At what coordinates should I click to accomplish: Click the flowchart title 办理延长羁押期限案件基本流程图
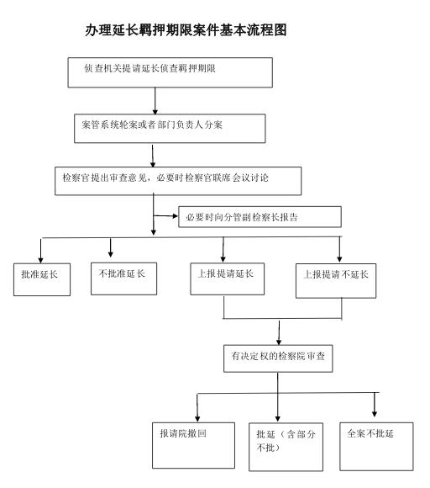(186, 30)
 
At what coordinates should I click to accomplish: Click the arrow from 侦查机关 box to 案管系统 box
(155, 101)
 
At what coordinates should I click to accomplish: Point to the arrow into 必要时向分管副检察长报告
(165, 215)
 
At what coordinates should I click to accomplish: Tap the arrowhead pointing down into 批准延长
(40, 260)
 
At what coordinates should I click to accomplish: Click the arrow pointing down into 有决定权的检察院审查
(279, 332)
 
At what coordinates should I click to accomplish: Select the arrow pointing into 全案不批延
(375, 405)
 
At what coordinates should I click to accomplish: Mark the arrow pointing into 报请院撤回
(197, 408)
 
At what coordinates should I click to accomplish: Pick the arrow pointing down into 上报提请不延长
(339, 249)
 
